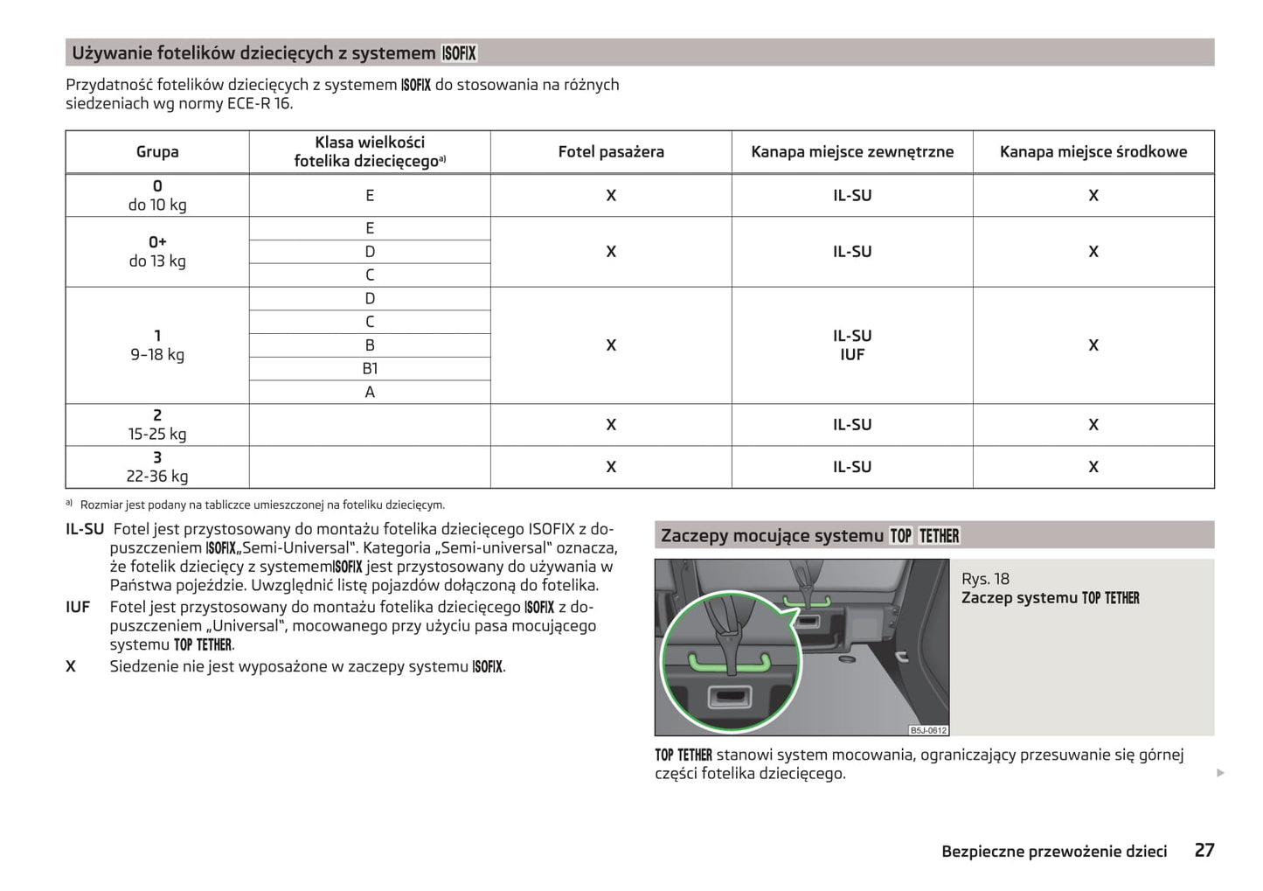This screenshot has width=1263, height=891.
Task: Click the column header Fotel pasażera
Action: tap(611, 152)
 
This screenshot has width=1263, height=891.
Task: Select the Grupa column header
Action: tap(157, 152)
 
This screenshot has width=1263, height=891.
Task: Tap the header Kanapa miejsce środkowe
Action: tap(1093, 152)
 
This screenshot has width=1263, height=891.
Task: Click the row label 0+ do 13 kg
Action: tap(157, 252)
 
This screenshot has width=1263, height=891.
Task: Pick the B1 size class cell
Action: tap(370, 369)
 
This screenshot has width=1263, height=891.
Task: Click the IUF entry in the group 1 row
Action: tap(851, 355)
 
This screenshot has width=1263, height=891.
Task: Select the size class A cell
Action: tap(370, 393)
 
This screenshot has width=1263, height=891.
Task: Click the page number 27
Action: tap(1204, 850)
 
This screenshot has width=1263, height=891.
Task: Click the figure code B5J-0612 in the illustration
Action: tap(927, 730)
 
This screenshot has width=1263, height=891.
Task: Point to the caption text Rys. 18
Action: tap(985, 579)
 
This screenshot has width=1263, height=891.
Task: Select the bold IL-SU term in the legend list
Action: tap(85, 529)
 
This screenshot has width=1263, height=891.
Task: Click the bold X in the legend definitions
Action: tap(71, 666)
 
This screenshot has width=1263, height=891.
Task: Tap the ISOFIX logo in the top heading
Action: tap(459, 53)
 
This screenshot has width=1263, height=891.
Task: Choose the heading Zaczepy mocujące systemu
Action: tap(772, 536)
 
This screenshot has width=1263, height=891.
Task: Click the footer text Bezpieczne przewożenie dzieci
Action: tap(1053, 852)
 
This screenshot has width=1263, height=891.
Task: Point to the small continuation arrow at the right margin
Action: tap(1220, 773)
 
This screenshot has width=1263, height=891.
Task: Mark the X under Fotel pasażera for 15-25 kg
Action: tap(611, 425)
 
